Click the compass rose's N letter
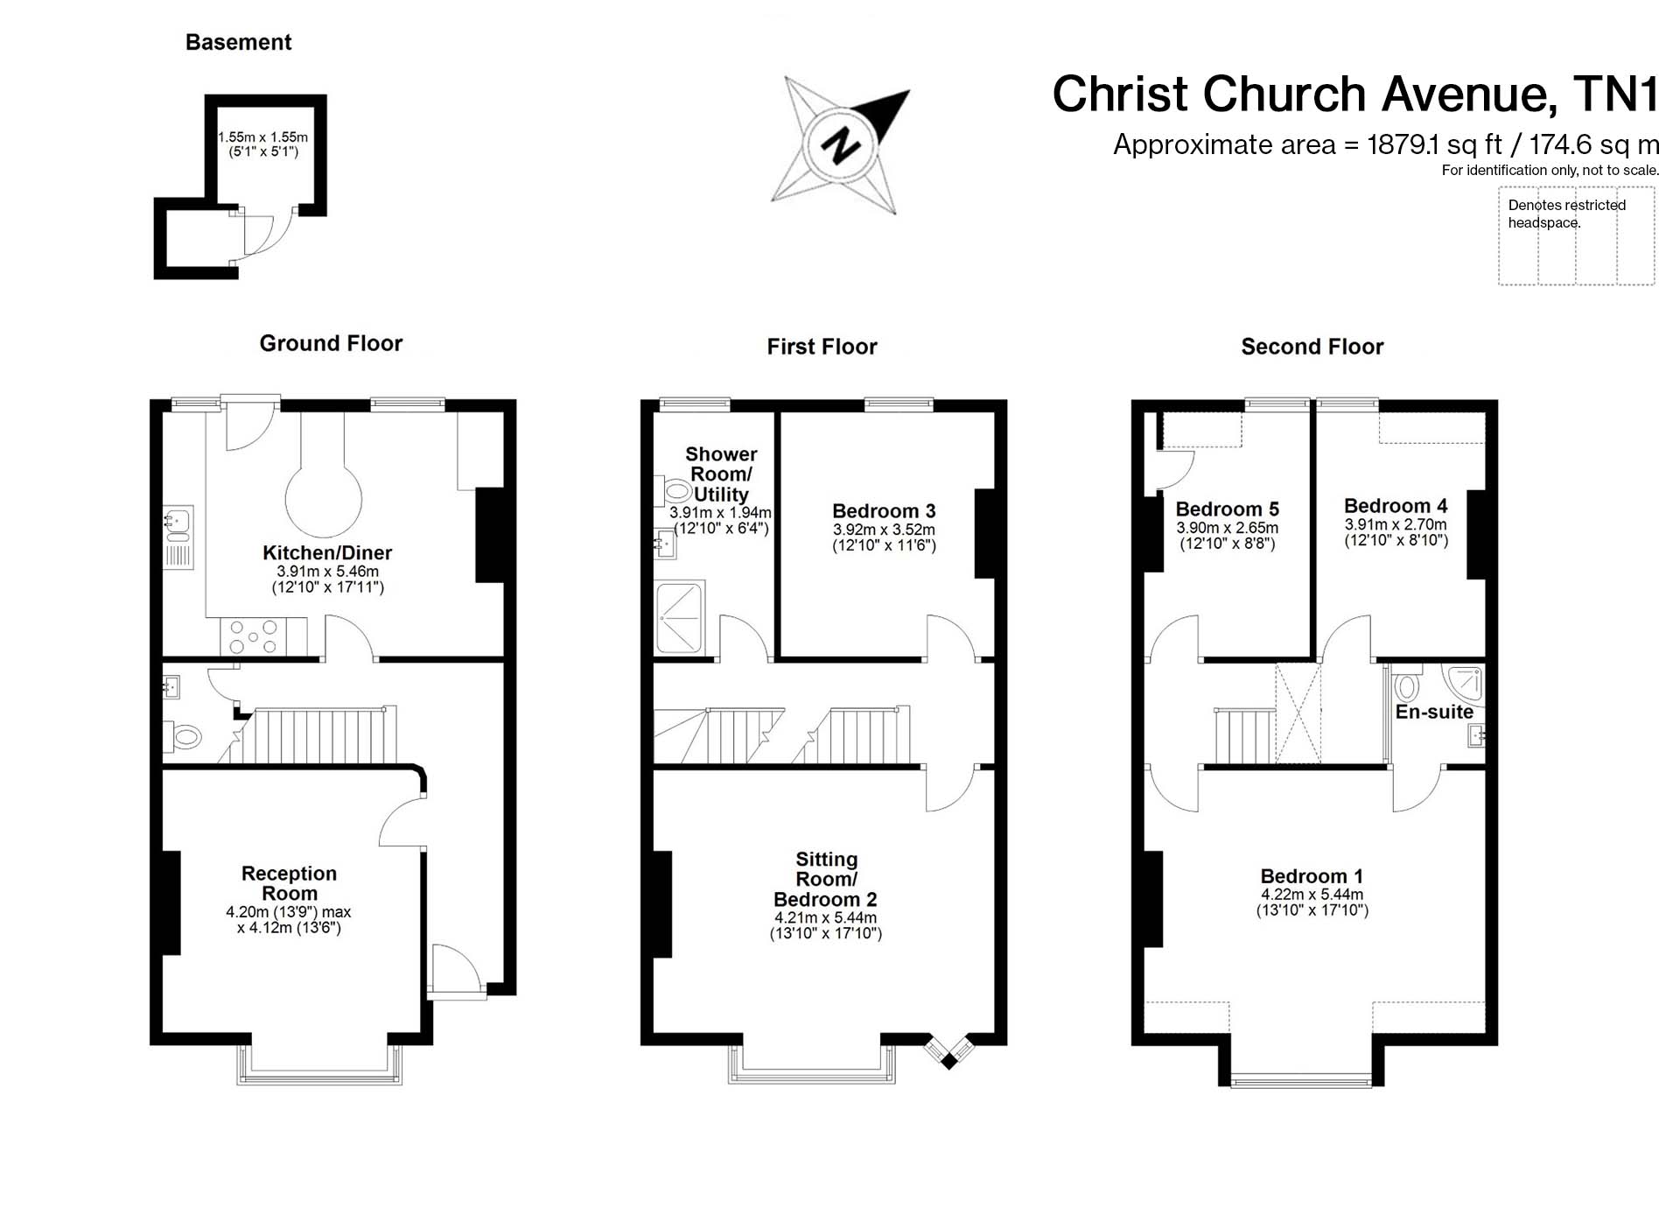(841, 144)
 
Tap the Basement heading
(238, 42)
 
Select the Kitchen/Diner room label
(327, 552)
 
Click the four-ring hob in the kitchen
(253, 636)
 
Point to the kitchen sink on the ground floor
(178, 537)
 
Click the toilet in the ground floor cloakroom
(183, 736)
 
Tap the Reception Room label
(289, 883)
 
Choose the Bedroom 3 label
(884, 511)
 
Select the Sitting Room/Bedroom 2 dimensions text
(826, 925)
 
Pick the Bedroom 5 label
(1227, 509)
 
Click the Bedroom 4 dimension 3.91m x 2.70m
(1396, 524)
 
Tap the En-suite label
(1434, 712)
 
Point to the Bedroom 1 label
(1312, 876)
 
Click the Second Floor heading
(1312, 347)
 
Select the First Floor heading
(822, 347)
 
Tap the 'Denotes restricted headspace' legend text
(1566, 214)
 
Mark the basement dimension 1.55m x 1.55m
(262, 137)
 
